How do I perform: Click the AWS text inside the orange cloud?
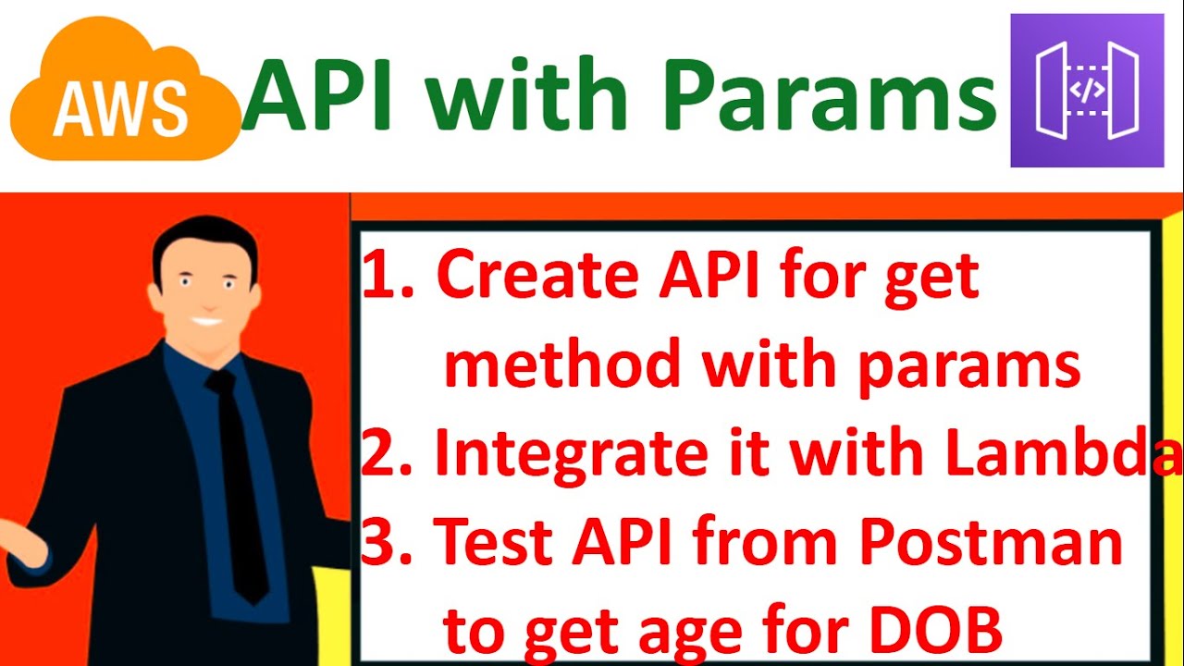point(119,108)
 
